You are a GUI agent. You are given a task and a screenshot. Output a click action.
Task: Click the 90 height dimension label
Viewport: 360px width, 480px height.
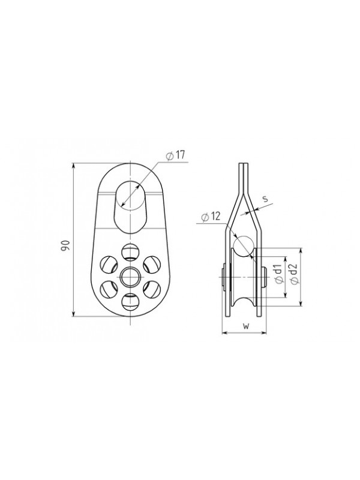pyautogui.click(x=67, y=246)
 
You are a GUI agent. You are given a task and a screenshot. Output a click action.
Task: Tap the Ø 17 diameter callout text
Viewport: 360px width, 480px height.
pyautogui.click(x=175, y=155)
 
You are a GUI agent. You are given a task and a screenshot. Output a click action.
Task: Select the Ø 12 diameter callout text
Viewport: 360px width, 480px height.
pyautogui.click(x=211, y=217)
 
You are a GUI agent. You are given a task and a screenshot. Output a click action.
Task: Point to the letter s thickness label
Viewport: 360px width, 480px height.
pyautogui.click(x=265, y=199)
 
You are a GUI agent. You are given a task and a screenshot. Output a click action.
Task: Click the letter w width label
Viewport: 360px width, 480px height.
pyautogui.click(x=245, y=326)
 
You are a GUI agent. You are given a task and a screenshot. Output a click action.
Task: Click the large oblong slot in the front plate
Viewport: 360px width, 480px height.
pyautogui.click(x=131, y=207)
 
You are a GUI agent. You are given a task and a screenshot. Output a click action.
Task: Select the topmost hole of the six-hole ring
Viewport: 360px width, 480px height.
pyautogui.click(x=131, y=252)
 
